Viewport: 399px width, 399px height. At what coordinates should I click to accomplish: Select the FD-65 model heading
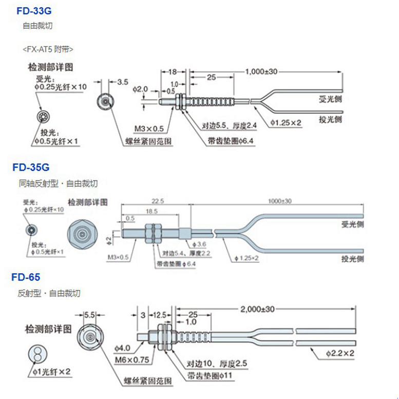(26, 278)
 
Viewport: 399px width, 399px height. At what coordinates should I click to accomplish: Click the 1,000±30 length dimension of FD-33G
(261, 71)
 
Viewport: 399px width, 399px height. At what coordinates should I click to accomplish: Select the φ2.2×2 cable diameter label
(341, 353)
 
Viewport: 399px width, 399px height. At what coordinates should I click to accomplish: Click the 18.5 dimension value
(151, 211)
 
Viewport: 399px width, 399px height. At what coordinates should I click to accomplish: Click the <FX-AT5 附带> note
(48, 50)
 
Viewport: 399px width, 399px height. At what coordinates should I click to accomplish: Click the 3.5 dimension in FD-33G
(122, 82)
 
